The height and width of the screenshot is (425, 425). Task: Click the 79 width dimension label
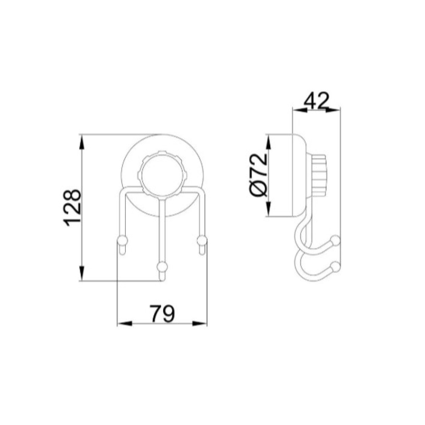pos(163,314)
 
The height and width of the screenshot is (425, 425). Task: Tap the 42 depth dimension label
pos(316,101)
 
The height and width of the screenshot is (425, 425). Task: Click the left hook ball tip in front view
pos(122,240)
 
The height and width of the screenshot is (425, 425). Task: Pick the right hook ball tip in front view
pos(202,240)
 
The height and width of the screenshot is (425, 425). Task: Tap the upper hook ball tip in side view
pos(336,240)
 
